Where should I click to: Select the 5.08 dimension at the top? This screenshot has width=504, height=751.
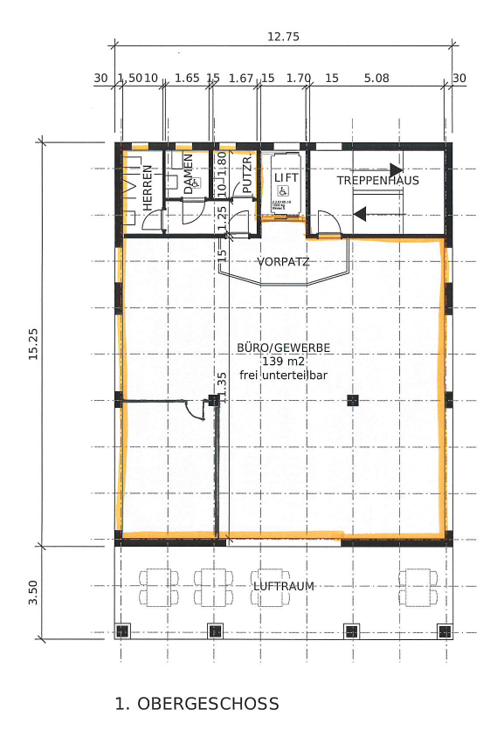pyautogui.click(x=376, y=78)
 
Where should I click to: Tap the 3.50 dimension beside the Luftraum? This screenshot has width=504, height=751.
pyautogui.click(x=33, y=591)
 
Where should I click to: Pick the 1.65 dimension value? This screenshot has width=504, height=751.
pyautogui.click(x=187, y=78)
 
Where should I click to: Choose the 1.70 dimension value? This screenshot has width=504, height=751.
pyautogui.click(x=299, y=78)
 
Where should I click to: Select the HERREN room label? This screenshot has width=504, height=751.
pyautogui.click(x=148, y=186)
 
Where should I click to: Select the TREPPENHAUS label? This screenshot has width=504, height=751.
pyautogui.click(x=379, y=181)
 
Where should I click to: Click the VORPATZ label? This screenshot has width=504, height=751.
pyautogui.click(x=284, y=261)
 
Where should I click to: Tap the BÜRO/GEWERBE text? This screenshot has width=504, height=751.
pyautogui.click(x=283, y=347)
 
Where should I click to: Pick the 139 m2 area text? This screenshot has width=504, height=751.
pyautogui.click(x=283, y=361)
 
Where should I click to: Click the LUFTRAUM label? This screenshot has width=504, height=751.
pyautogui.click(x=282, y=586)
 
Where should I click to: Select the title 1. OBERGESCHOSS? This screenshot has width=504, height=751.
pyautogui.click(x=197, y=704)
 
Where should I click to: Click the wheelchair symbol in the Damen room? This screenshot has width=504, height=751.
pyautogui.click(x=197, y=182)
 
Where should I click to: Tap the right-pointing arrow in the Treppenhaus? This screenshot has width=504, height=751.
pyautogui.click(x=396, y=169)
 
